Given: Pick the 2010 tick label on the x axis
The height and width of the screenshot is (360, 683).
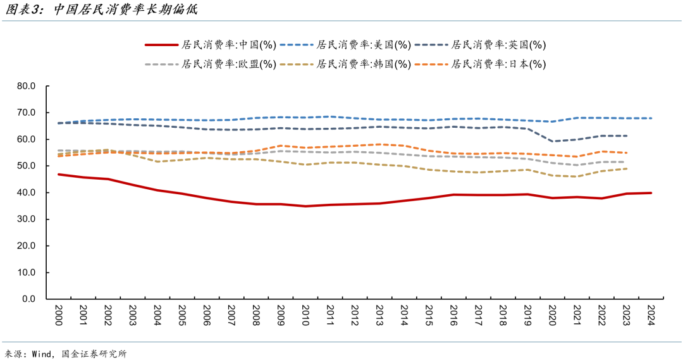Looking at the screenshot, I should point(306,314).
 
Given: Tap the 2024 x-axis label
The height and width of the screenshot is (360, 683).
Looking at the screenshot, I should point(651,314).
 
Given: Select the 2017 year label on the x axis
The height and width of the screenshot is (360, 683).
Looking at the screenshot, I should point(479,314).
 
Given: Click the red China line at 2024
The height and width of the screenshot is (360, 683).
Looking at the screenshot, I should point(651,193).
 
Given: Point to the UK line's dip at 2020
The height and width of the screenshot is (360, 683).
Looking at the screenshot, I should point(553,141).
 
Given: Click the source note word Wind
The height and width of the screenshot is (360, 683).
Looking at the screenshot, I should point(42,354).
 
